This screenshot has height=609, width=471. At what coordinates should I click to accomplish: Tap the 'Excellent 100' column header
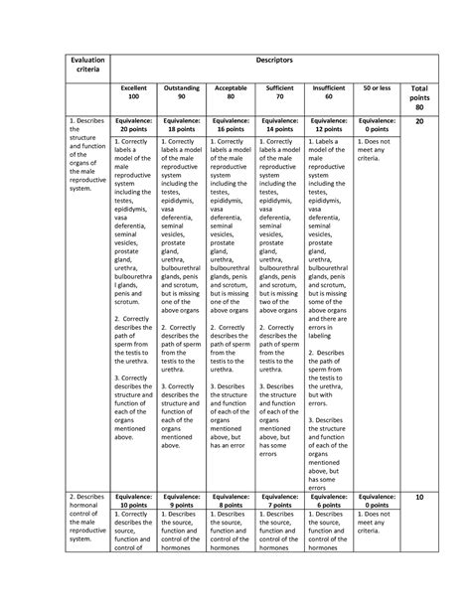[x=133, y=93]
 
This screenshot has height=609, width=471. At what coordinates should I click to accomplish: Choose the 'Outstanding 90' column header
[x=181, y=93]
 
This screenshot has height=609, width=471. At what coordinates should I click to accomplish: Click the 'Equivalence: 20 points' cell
[x=133, y=124]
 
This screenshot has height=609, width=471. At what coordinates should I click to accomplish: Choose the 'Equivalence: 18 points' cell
[x=181, y=124]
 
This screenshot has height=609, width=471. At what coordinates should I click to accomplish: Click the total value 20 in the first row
[x=419, y=121]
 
